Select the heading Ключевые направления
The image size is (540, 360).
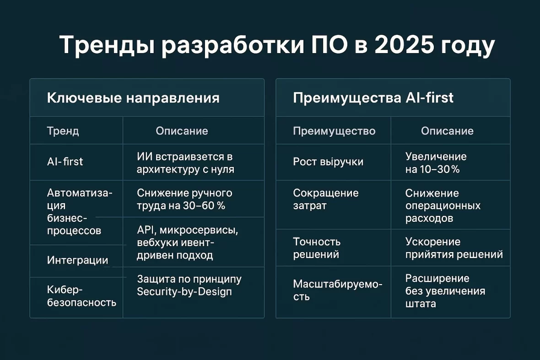133,98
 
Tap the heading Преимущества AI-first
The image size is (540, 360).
373,98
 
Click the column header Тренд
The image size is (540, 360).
63,131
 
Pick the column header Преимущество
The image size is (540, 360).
334,131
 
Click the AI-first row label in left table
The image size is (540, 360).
65,161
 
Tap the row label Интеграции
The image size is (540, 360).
77,260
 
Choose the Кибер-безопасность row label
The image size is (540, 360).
81,296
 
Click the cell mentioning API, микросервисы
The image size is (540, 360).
188,242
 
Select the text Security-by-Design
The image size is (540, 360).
184,291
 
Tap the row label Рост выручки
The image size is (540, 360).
328,162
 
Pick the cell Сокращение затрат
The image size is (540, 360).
325,199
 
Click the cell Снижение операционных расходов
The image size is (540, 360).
443,206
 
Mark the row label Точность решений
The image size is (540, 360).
317,248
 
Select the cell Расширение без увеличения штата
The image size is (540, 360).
445,290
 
